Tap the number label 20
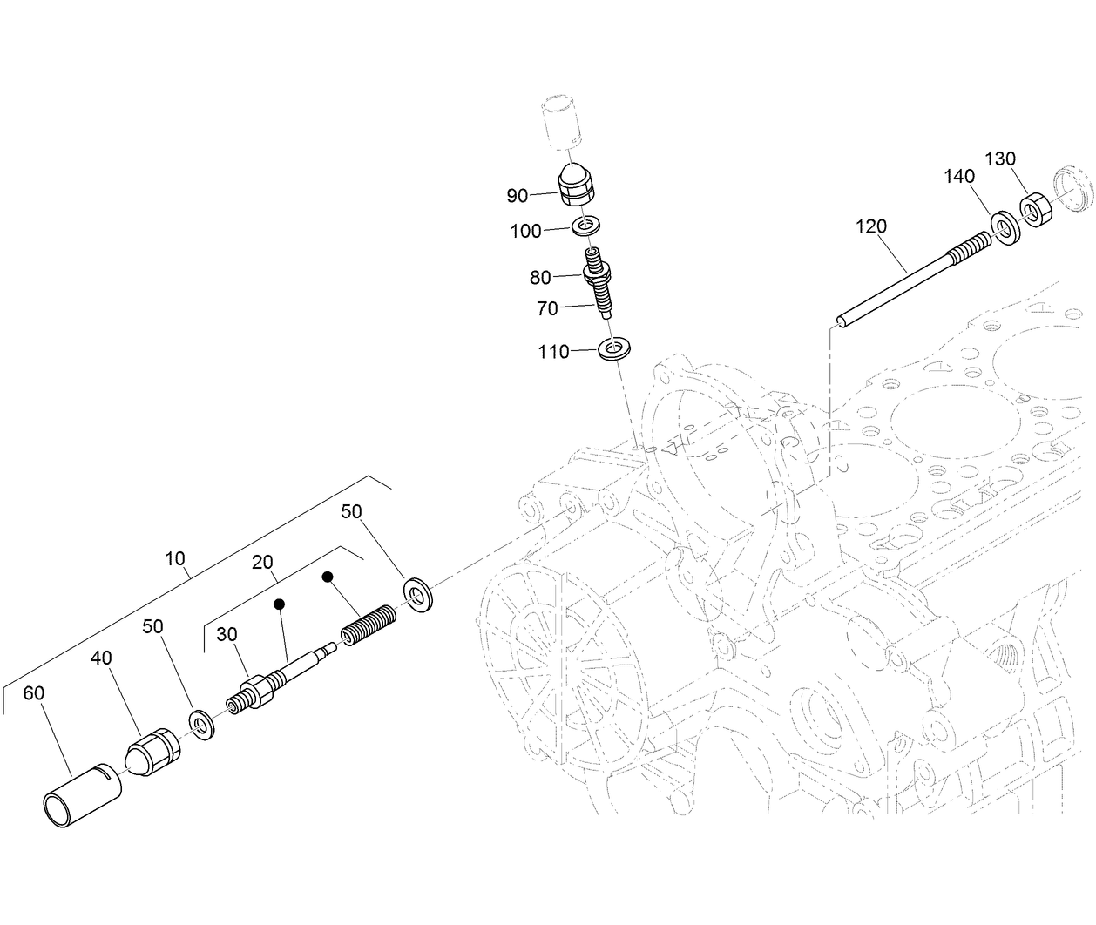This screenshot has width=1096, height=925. (263, 564)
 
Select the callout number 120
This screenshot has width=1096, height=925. (870, 226)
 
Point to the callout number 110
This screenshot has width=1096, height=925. (553, 352)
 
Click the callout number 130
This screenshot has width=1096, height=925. (1000, 159)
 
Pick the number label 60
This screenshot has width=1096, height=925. (33, 693)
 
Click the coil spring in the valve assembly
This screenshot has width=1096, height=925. (369, 626)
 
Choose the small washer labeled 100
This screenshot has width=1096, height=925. (586, 227)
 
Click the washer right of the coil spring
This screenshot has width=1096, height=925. (421, 594)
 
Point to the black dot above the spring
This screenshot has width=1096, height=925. (328, 577)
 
